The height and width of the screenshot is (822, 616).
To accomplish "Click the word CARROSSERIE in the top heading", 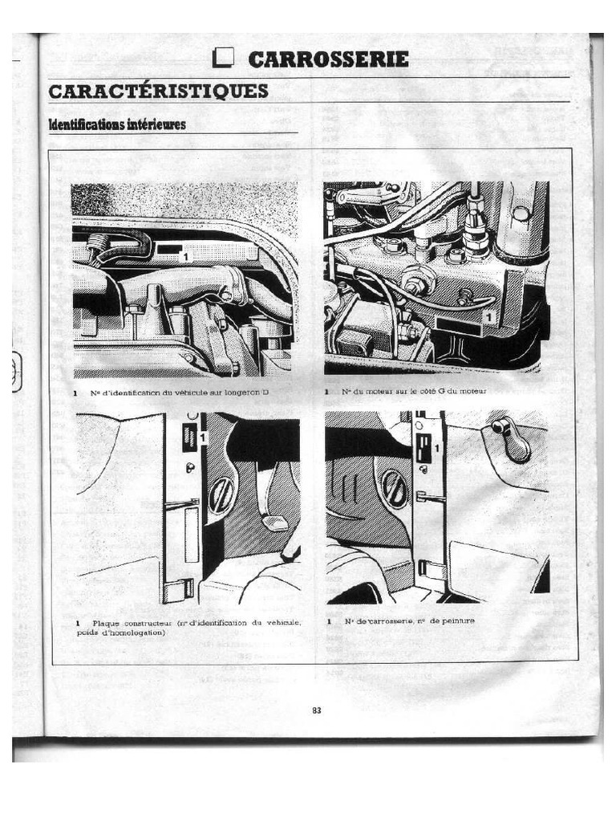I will pos(328,59).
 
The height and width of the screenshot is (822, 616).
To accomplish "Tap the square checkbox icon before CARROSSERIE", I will pos(224,59).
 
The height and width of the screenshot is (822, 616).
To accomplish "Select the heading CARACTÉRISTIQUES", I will pos(158,91).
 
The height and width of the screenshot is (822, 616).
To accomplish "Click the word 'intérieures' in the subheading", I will pos(156,124).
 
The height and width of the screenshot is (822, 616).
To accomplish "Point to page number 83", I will pos(316,710).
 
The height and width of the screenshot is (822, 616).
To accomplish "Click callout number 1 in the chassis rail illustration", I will pos(185,256).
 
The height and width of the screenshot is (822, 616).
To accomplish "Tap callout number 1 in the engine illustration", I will pos(488,318).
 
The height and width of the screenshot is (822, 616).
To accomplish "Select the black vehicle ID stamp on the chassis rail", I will pos(168,250).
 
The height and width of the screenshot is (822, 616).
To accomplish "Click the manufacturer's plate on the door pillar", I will pos(189,437).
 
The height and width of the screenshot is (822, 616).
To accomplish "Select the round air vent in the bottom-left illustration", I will pos(221,495).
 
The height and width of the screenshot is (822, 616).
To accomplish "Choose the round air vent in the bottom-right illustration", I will pos(395,489).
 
